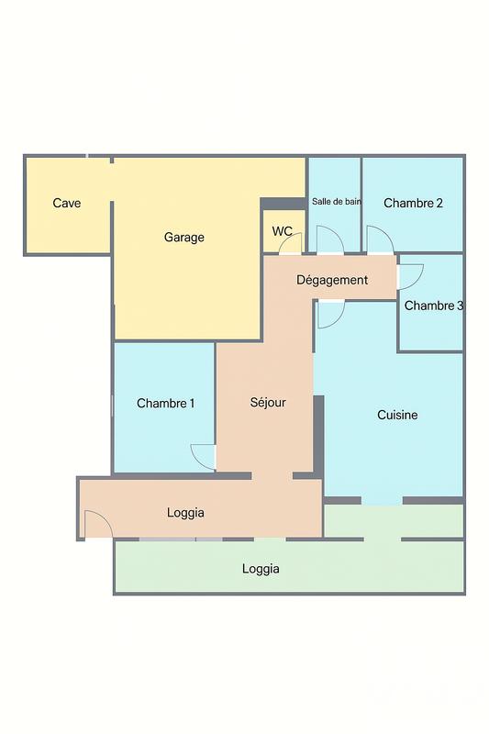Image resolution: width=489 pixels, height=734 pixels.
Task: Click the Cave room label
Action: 67,203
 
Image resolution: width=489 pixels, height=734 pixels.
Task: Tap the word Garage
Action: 184,237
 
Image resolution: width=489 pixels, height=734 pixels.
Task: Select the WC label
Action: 283,231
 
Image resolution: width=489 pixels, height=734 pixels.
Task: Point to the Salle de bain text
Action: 336,201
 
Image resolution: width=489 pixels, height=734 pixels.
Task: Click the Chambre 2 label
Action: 413,203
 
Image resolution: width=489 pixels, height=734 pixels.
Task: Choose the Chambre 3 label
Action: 433,306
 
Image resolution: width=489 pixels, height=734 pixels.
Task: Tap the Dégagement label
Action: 332,280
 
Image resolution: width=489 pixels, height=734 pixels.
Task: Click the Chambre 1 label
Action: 165,403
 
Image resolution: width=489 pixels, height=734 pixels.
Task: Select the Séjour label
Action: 268,402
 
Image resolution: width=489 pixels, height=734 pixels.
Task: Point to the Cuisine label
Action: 397,415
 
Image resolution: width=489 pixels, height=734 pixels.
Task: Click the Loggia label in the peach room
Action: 185,512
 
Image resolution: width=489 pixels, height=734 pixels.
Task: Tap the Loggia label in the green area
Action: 261,569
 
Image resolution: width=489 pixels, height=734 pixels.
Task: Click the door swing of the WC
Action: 290,244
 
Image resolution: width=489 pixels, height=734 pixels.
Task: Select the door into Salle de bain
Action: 330,240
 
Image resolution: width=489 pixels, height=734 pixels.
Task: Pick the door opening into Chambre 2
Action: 380,240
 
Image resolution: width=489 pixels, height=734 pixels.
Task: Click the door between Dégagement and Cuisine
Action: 330,313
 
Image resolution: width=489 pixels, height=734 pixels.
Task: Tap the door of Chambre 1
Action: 204,456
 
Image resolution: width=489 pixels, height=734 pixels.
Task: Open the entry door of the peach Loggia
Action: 96,525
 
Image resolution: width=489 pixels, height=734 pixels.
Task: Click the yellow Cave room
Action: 67,225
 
